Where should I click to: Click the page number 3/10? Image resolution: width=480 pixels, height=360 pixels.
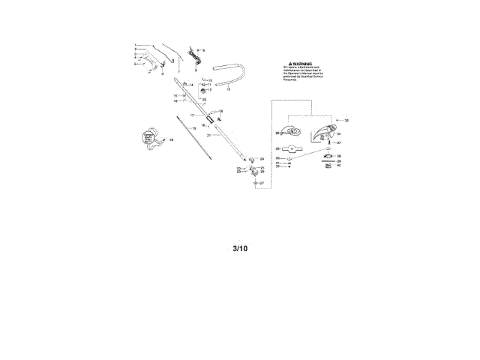pyautogui.click(x=239, y=248)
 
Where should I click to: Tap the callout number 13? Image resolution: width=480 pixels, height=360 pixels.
pyautogui.click(x=228, y=89)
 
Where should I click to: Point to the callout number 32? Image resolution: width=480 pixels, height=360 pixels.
pyautogui.click(x=346, y=120)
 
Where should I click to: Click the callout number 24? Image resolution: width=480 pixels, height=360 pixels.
pyautogui.click(x=262, y=159)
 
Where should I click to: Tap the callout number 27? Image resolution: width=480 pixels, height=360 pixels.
pyautogui.click(x=262, y=183)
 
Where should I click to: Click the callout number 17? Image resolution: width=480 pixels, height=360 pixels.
pyautogui.click(x=192, y=115)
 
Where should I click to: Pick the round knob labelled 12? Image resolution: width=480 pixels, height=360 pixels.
pyautogui.click(x=202, y=91)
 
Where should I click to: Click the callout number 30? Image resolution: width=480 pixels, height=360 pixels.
pyautogui.click(x=277, y=158)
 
